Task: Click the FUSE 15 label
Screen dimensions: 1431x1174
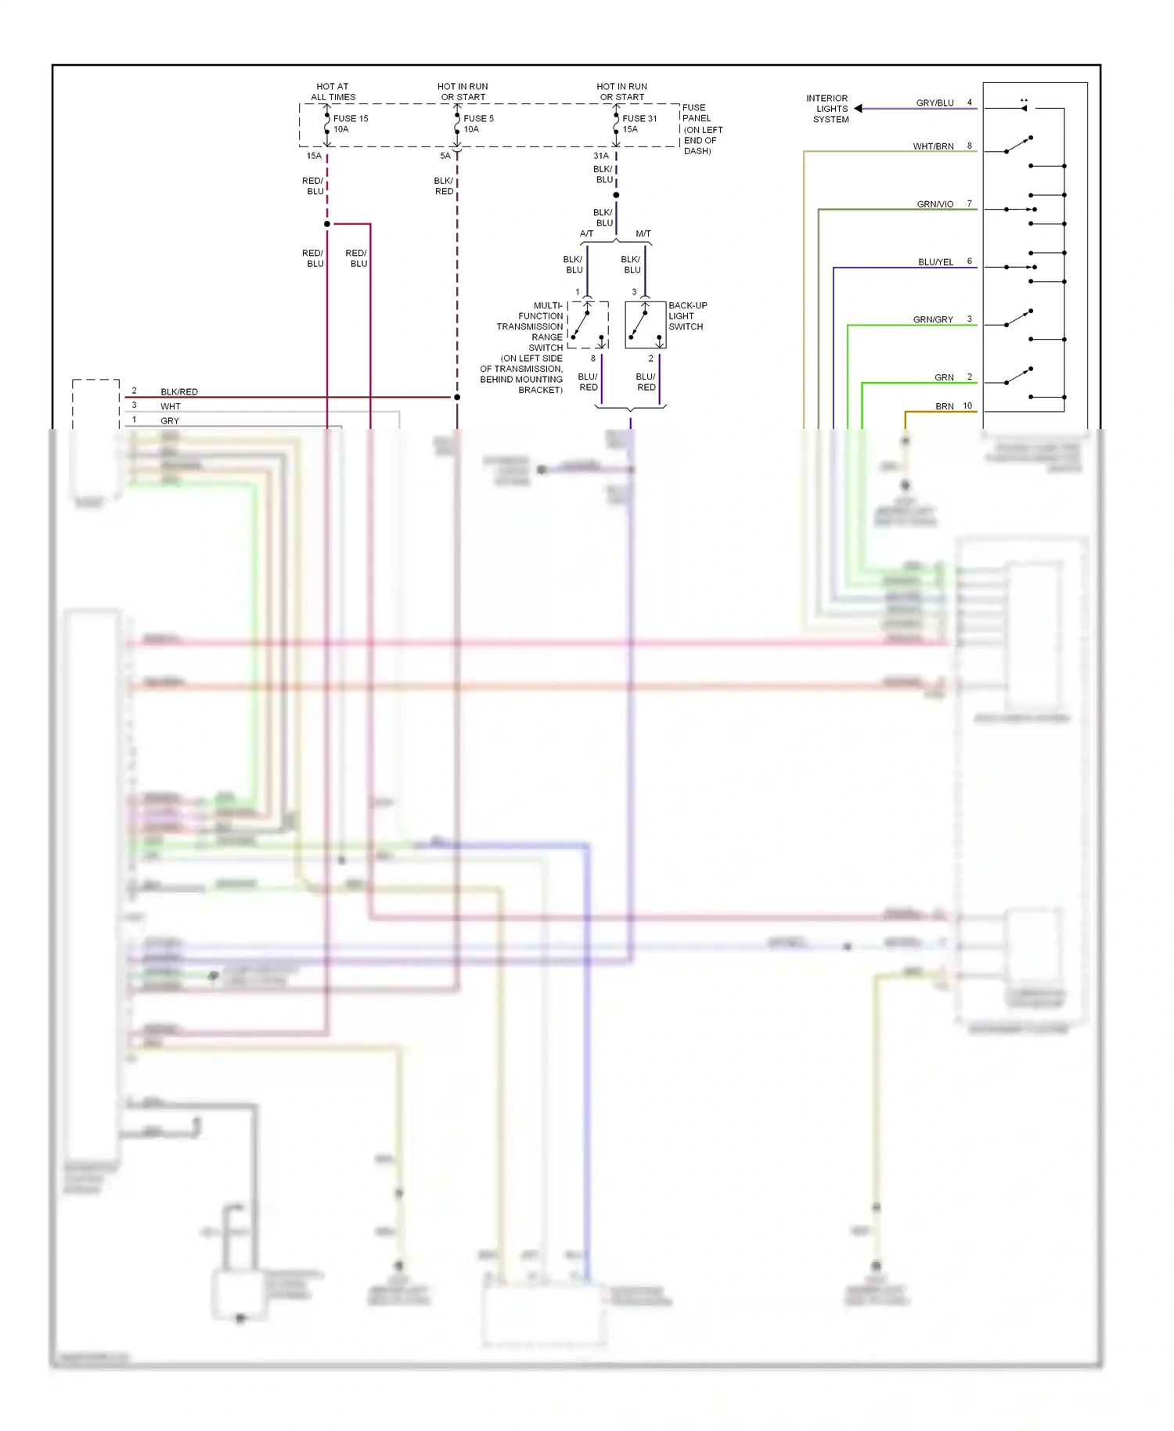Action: pyautogui.click(x=350, y=118)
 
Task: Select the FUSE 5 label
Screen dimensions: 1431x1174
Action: pyautogui.click(x=478, y=118)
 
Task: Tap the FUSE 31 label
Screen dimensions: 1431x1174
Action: pyautogui.click(x=639, y=118)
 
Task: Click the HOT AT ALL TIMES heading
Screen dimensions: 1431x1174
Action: pyautogui.click(x=333, y=92)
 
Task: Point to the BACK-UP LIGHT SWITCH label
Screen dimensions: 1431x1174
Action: pyautogui.click(x=687, y=315)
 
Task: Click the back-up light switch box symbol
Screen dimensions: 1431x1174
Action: pyautogui.click(x=645, y=325)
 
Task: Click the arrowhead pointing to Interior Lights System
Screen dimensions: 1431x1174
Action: pyautogui.click(x=859, y=109)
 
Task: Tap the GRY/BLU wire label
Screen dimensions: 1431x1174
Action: pyautogui.click(x=935, y=103)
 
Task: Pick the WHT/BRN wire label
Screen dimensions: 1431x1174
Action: pyautogui.click(x=933, y=146)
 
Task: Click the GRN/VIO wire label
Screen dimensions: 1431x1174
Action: pyautogui.click(x=935, y=204)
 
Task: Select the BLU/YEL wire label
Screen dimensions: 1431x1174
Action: pyautogui.click(x=935, y=262)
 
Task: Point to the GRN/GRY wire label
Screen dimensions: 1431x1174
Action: pyautogui.click(x=933, y=319)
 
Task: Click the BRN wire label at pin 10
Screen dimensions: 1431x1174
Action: pyautogui.click(x=944, y=406)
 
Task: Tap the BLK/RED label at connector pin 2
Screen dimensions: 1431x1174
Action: pyautogui.click(x=178, y=391)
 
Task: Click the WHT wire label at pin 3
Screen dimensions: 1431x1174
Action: pyautogui.click(x=170, y=406)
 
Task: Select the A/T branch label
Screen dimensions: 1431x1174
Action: pyautogui.click(x=586, y=233)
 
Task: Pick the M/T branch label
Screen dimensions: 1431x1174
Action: pyautogui.click(x=643, y=233)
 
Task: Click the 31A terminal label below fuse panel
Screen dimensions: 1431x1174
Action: pyautogui.click(x=600, y=156)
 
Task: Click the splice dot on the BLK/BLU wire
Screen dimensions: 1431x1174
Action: pyautogui.click(x=616, y=195)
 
